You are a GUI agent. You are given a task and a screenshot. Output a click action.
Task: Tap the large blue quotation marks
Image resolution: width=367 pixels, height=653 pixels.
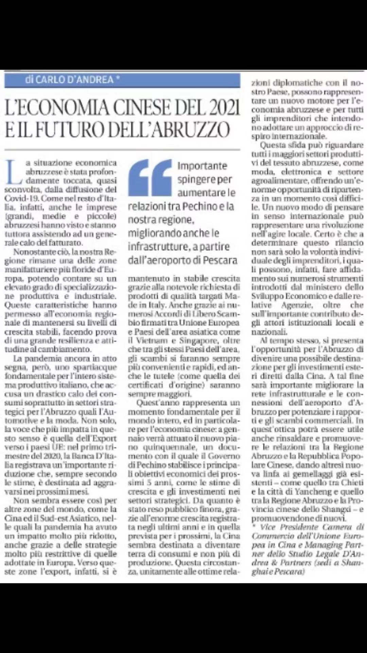pos(150,178)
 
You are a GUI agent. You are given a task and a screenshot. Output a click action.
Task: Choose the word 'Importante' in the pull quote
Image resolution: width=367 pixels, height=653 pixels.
pos(202,166)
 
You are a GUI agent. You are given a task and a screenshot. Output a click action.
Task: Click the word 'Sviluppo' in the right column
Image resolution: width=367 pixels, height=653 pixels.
pos(265,296)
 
